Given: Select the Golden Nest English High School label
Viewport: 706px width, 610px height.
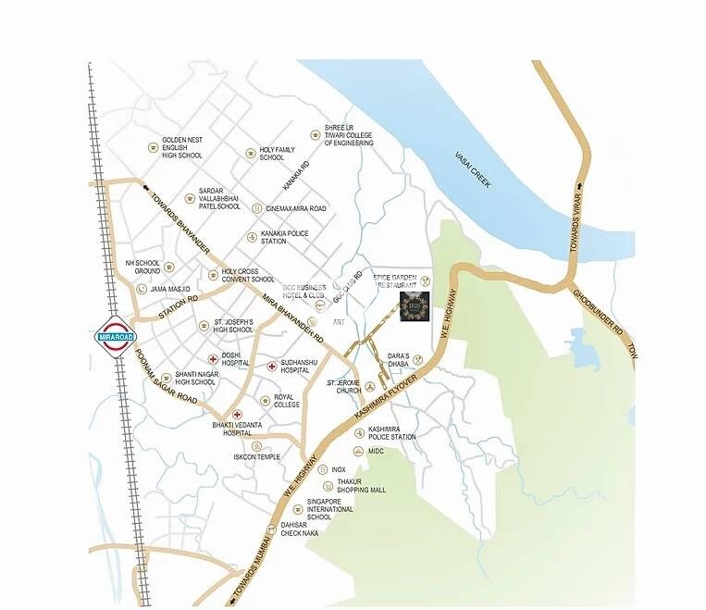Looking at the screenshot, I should pos(182,147).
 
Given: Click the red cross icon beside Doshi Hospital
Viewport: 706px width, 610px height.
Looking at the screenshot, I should pos(212,358).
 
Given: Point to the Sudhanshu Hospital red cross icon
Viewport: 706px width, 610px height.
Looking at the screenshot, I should pos(271,366).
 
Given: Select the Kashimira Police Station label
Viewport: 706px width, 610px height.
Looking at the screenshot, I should pos(391,433).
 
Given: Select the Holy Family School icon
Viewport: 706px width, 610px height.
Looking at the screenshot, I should pos(250,153).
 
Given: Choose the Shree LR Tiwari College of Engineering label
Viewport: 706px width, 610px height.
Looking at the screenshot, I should pos(349,135).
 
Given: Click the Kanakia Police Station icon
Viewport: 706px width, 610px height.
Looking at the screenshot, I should pos(251,237).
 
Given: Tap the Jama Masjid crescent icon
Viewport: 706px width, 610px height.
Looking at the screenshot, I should pos(142,289).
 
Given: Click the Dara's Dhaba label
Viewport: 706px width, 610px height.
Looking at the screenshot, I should pos(399,360).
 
